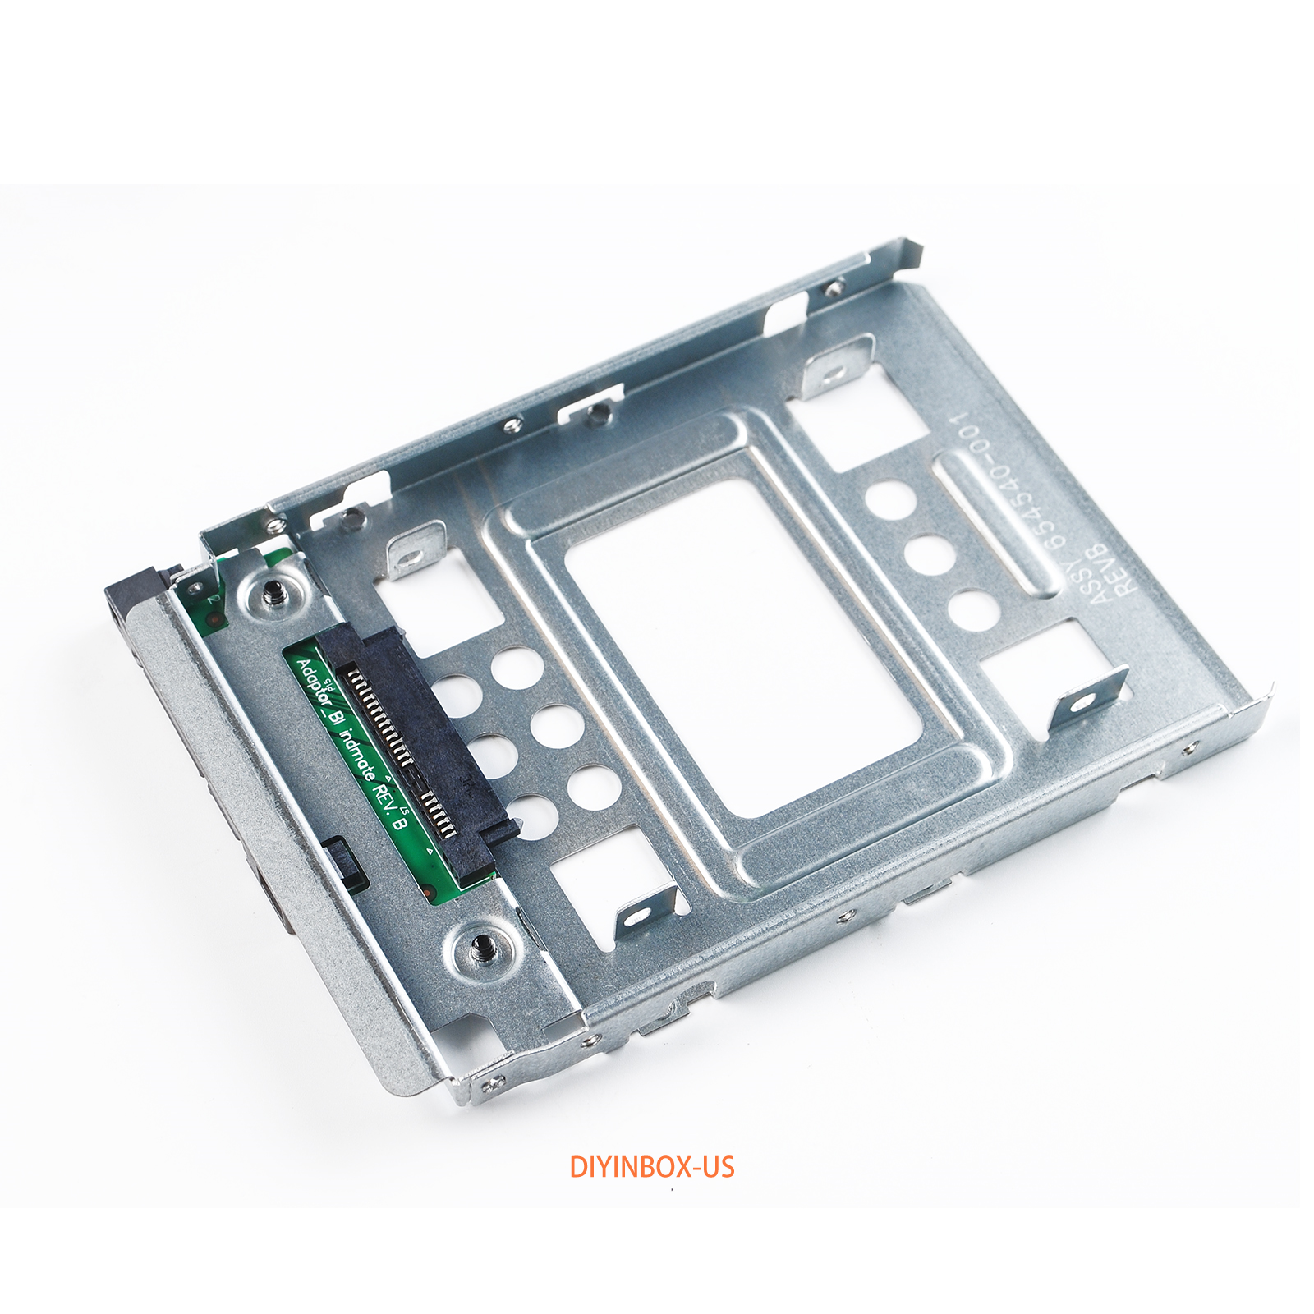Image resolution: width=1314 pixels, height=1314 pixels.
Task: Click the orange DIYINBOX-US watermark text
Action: point(652,1167)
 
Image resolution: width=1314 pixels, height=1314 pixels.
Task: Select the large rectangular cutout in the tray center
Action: point(743,649)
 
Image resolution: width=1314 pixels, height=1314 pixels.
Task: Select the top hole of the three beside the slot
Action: point(890,498)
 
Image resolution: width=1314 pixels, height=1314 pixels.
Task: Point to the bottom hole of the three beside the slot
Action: point(974,610)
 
